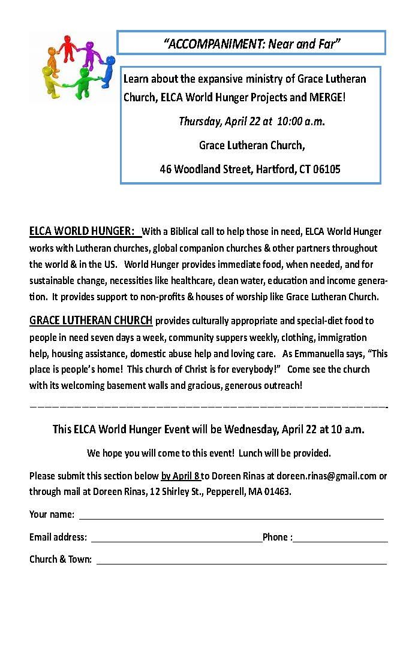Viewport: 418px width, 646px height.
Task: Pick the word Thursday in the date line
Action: click(x=200, y=121)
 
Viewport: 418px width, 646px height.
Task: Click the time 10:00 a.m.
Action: click(x=301, y=121)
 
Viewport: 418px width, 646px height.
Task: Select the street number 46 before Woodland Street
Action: click(x=166, y=169)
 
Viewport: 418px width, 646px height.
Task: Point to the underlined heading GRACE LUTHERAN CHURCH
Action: click(x=91, y=320)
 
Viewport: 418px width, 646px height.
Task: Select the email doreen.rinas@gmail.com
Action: click(x=326, y=476)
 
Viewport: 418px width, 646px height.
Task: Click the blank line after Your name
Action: click(x=231, y=515)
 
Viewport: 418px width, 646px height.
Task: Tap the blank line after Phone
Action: click(x=340, y=538)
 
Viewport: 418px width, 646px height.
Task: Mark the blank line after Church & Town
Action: click(x=241, y=561)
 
